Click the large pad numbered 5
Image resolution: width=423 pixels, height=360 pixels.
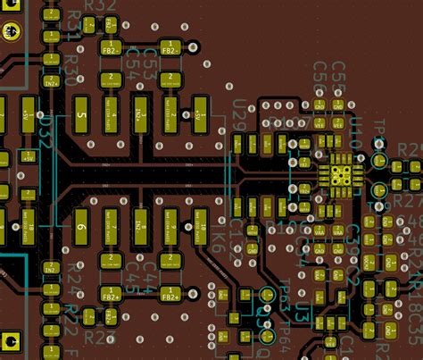[x=81, y=115]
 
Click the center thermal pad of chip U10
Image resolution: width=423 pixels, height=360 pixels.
[x=340, y=169]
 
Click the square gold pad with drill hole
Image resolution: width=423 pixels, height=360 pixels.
[x=12, y=340]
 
